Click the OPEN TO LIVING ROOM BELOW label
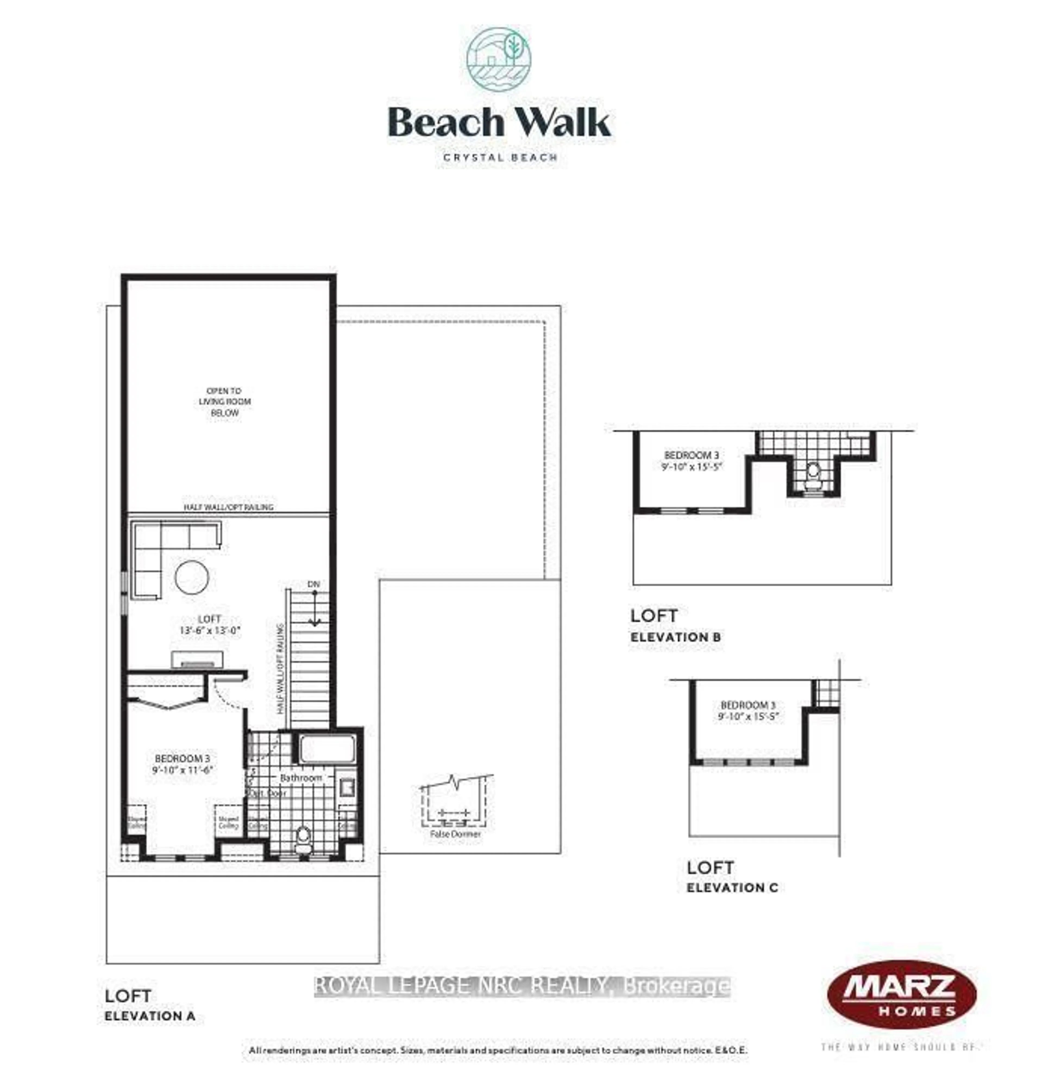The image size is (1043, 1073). click(225, 401)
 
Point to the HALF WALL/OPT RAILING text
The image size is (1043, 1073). click(228, 507)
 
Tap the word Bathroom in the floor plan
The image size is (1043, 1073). click(301, 778)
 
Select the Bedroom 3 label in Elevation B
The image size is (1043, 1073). click(691, 455)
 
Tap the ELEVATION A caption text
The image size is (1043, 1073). click(150, 1016)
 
